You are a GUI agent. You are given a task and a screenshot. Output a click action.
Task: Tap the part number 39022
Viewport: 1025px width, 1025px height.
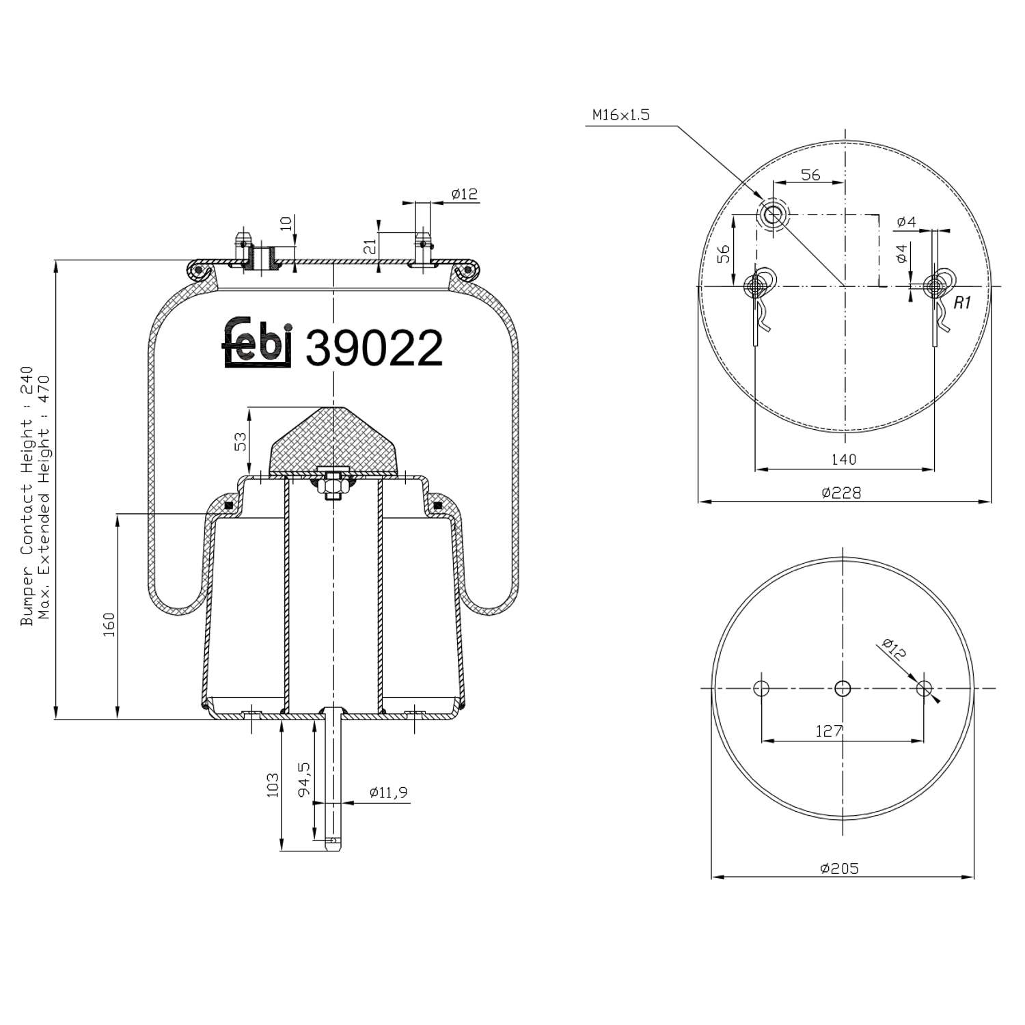pos(374,348)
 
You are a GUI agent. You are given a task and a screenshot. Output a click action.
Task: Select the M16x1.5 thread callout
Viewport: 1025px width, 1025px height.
pos(620,115)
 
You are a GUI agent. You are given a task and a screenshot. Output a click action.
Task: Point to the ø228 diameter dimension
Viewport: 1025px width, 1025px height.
pos(841,492)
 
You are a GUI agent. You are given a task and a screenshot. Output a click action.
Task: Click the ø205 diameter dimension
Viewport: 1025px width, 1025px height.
pos(839,869)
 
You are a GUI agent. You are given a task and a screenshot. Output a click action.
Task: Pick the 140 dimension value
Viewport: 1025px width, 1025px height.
pos(843,459)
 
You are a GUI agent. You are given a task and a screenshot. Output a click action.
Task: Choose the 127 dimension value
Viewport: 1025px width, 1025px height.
pos(829,731)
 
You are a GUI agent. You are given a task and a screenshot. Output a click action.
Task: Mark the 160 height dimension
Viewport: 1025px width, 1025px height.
pos(109,625)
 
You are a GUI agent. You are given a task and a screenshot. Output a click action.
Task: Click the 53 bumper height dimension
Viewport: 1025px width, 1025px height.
pos(241,441)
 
